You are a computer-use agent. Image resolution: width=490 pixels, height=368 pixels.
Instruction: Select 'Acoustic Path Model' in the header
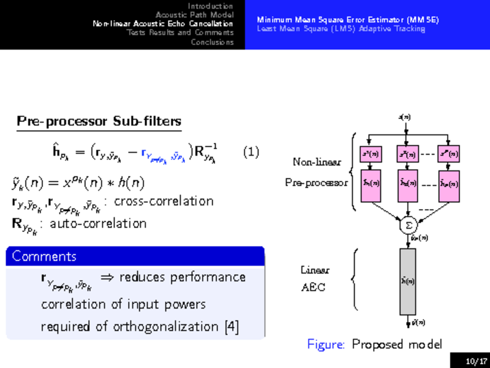[x=194, y=14]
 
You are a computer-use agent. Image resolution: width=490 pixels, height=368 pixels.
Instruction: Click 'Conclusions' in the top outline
[x=212, y=42]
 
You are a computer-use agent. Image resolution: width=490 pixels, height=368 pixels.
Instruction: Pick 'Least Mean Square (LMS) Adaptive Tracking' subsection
[x=341, y=28]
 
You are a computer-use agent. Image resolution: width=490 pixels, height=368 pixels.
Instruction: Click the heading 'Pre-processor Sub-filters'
[x=99, y=121]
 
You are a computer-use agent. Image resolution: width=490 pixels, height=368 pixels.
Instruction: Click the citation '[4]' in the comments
[x=232, y=326]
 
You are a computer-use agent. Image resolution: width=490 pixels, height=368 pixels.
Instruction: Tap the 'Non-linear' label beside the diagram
[x=312, y=163]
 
